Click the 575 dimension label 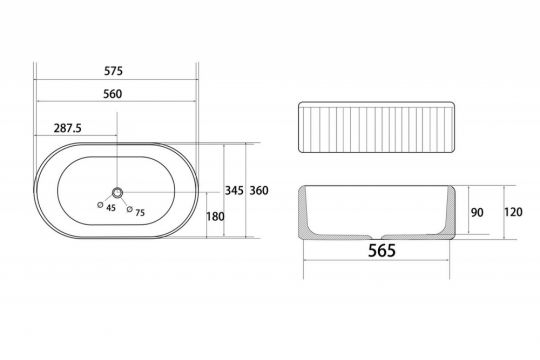(x=113, y=71)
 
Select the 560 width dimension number (x=113, y=94)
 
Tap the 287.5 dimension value (x=68, y=128)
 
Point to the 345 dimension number (x=234, y=190)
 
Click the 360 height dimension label (x=259, y=190)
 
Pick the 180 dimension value (x=215, y=216)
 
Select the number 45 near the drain (x=111, y=208)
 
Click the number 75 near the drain (x=140, y=213)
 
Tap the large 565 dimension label (x=382, y=250)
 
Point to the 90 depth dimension (x=477, y=212)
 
